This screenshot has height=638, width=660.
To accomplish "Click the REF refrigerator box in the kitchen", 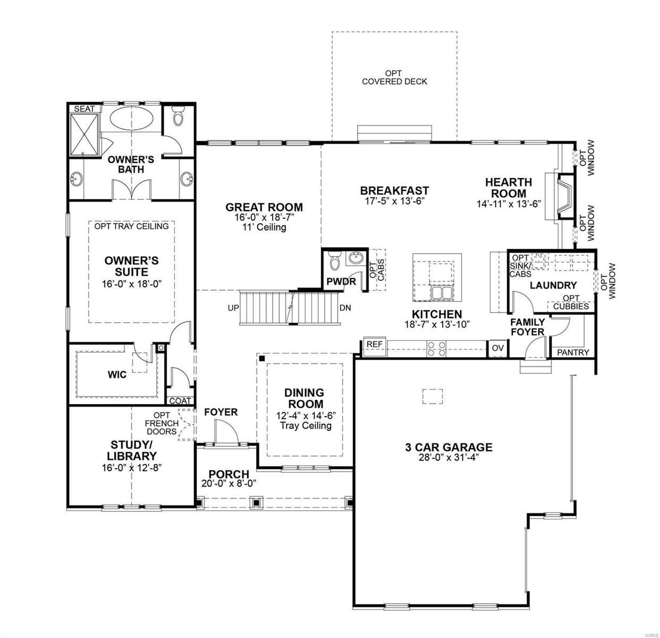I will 375,345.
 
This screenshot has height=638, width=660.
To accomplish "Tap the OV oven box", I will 497,348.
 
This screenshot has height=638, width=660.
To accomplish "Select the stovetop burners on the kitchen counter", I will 437,348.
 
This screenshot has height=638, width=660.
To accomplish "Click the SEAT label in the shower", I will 84,108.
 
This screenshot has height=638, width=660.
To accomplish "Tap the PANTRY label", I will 573,352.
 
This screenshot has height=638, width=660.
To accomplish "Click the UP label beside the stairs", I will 233,308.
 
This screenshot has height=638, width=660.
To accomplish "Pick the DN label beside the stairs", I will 345,308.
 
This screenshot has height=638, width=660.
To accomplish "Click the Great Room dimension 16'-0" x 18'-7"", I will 264,217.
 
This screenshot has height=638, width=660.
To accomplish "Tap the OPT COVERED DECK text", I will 394,77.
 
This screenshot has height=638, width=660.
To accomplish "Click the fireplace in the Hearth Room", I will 564,195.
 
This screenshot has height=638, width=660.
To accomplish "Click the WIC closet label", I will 117,375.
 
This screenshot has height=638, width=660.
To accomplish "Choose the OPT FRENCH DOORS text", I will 162,423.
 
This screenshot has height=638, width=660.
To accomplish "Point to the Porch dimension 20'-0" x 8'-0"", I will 229,483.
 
